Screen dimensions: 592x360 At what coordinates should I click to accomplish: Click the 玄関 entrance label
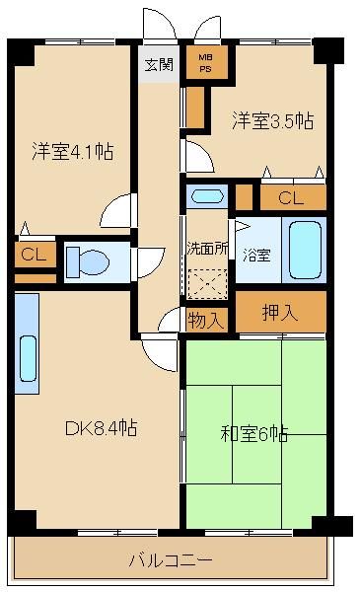(x=158, y=65)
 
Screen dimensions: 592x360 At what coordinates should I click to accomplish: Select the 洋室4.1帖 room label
(x=73, y=152)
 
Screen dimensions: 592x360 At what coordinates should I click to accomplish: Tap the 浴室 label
(x=258, y=253)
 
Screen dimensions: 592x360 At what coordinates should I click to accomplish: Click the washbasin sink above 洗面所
(x=207, y=195)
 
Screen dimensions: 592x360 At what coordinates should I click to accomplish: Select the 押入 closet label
(x=279, y=314)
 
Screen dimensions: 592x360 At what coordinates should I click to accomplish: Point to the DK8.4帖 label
(x=102, y=428)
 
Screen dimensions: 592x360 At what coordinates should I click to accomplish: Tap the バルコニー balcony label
(x=170, y=560)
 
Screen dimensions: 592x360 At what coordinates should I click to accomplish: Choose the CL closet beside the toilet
(x=34, y=255)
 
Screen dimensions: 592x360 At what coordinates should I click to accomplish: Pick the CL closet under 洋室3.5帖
(x=291, y=197)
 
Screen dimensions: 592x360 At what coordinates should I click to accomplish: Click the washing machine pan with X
(x=207, y=283)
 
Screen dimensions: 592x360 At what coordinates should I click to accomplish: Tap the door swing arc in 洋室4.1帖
(x=118, y=209)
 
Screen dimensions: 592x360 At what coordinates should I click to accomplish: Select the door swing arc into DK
(x=158, y=347)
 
